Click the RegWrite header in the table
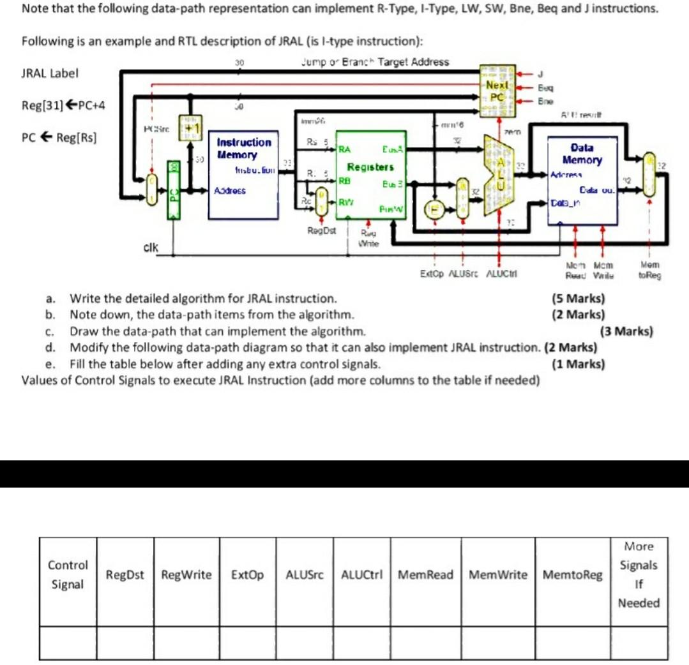[186, 575]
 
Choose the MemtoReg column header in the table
[572, 575]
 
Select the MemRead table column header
[425, 575]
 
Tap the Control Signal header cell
[68, 575]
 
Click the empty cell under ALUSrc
[305, 643]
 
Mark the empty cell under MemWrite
[498, 643]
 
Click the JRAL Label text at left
[50, 72]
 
